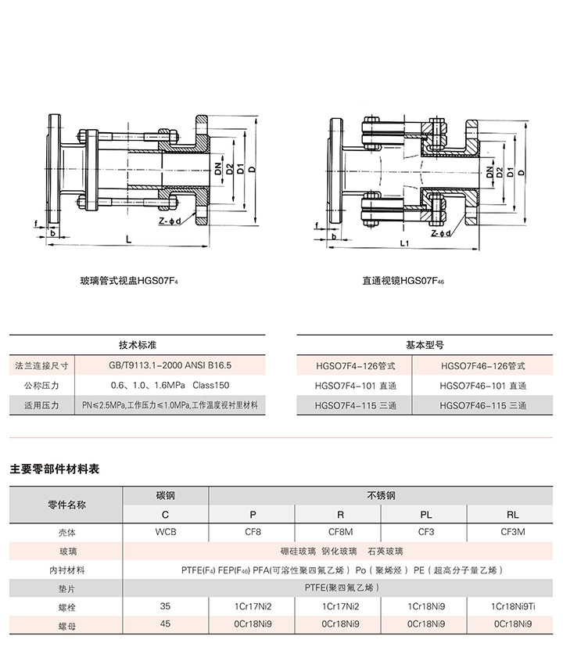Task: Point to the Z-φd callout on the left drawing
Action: [170, 221]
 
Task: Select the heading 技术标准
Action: [137, 345]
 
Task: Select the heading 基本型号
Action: [424, 345]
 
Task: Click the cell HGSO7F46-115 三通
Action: [483, 405]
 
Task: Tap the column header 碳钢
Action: [165, 495]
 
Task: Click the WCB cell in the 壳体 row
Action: [165, 532]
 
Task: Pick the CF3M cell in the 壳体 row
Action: [514, 532]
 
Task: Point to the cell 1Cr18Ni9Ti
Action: [514, 606]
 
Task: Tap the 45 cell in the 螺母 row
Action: [165, 624]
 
